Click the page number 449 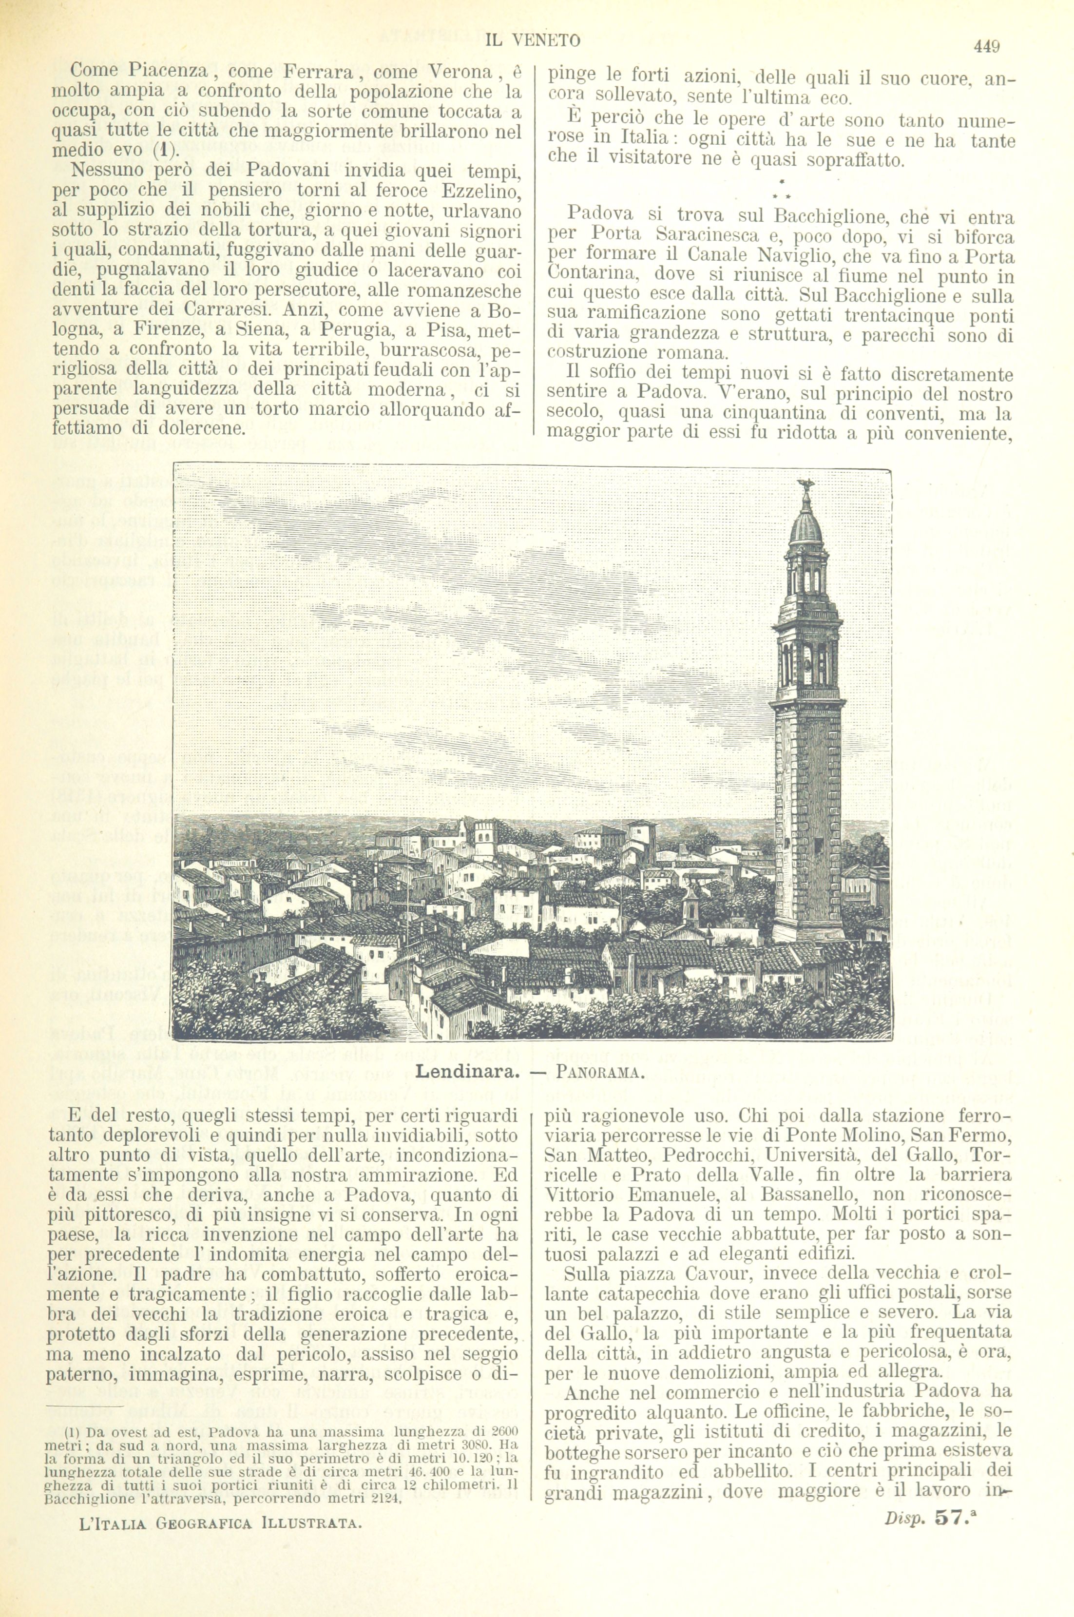[986, 47]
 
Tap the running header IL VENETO [532, 41]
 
